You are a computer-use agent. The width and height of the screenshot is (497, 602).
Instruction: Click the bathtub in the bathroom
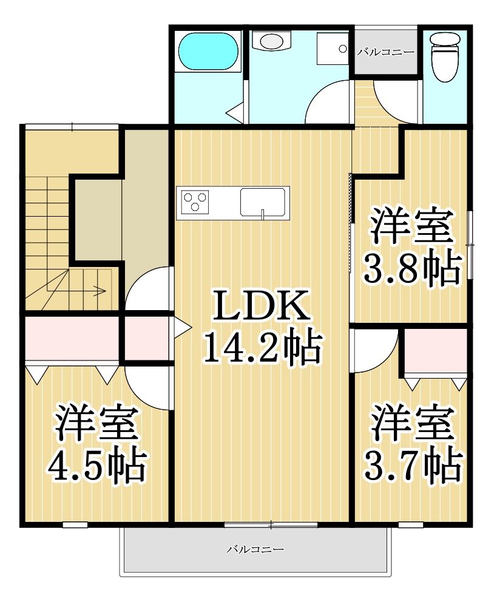point(208,52)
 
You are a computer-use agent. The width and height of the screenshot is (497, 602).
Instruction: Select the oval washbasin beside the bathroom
point(271,41)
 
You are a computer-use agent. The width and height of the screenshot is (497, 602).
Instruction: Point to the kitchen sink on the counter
point(263,202)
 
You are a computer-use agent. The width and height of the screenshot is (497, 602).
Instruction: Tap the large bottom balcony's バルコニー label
point(255,550)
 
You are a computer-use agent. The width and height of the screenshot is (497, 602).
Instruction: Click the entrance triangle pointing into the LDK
point(182,328)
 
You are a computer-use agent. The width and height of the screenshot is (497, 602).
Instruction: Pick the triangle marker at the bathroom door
point(234,112)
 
